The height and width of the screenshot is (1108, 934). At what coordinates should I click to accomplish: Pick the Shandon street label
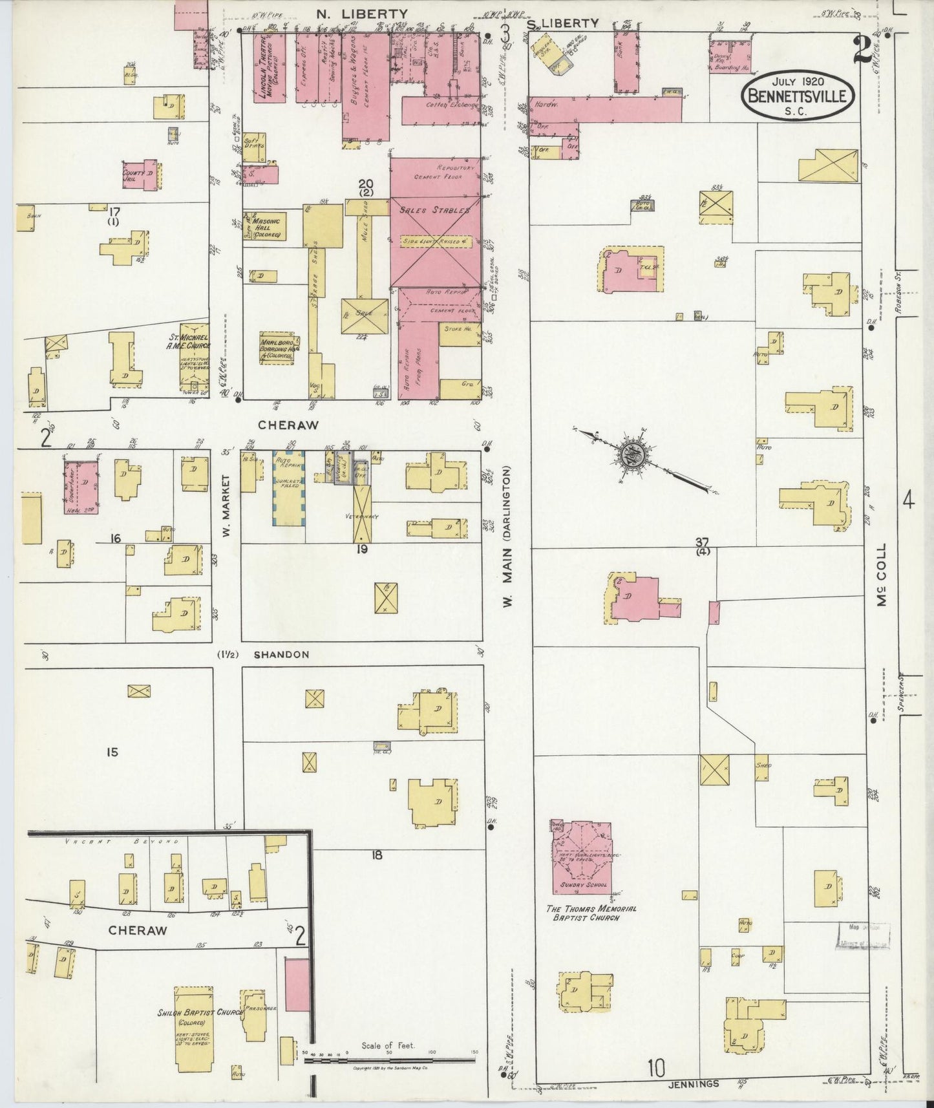[281, 654]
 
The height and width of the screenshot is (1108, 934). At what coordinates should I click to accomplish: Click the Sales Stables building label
[434, 210]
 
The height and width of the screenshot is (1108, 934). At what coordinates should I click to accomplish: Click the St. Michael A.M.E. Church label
[193, 341]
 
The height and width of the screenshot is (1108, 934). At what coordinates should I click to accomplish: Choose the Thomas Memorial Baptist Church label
[591, 912]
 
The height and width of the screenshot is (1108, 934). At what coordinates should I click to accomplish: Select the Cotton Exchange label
[452, 105]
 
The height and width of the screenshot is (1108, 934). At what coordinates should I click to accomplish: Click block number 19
[361, 549]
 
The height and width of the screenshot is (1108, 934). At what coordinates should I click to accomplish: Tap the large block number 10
[655, 1069]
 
